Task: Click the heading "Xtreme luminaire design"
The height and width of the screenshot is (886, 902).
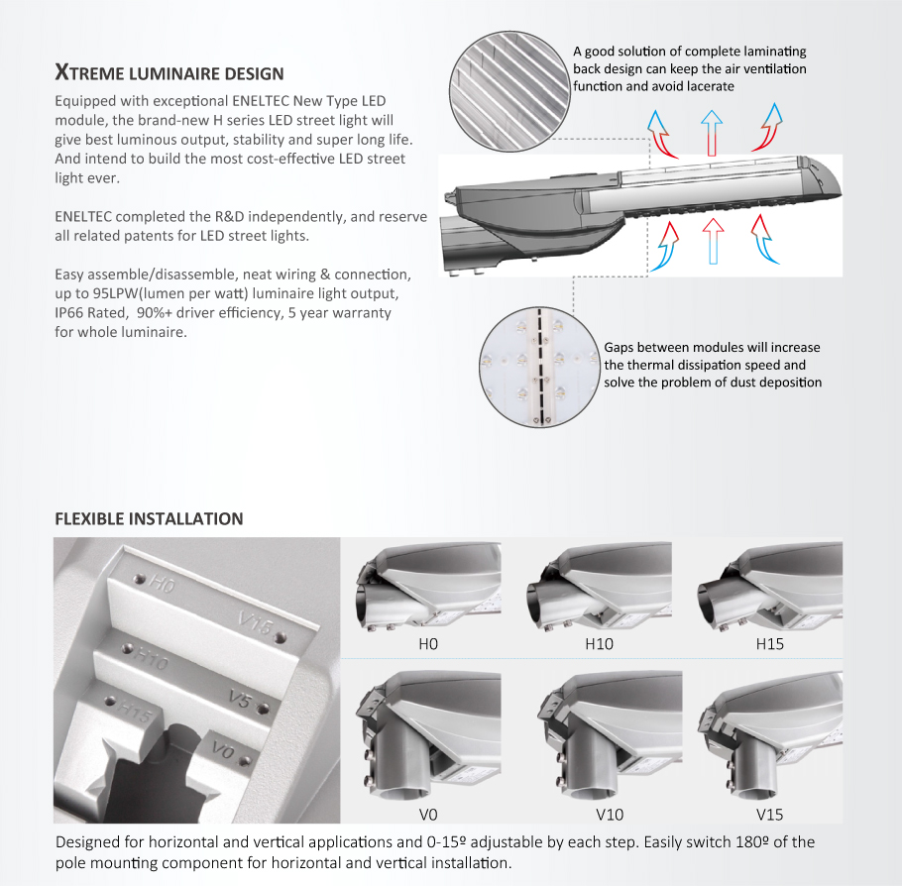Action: (x=169, y=73)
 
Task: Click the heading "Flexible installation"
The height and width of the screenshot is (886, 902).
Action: (x=149, y=518)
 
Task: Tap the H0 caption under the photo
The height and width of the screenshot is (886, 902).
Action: (x=428, y=643)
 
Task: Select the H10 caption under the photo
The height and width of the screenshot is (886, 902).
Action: (x=599, y=643)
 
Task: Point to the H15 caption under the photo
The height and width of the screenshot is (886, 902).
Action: (x=769, y=643)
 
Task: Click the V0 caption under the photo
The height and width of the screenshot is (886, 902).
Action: (x=428, y=815)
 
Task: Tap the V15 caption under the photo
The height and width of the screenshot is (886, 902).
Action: (x=769, y=815)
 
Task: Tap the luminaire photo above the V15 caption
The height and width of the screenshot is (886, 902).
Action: (x=769, y=738)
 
